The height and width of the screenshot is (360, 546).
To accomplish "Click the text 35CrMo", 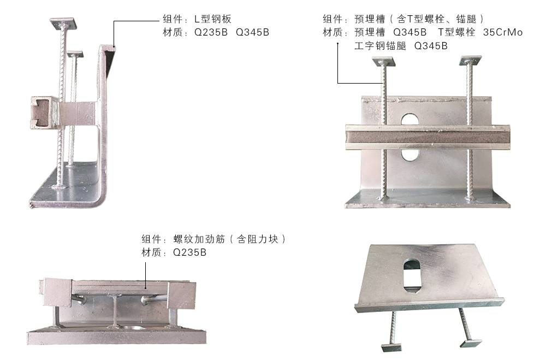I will [503, 32].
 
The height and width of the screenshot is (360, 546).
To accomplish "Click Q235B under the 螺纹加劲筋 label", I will [189, 252].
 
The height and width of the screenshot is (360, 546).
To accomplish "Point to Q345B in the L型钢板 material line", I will [252, 32].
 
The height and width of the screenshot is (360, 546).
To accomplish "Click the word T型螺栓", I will [456, 32].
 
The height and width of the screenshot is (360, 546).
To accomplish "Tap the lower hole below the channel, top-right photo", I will [410, 156].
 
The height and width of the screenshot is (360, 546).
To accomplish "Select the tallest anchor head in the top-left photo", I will [63, 23].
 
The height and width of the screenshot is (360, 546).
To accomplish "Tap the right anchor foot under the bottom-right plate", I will [471, 343].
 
